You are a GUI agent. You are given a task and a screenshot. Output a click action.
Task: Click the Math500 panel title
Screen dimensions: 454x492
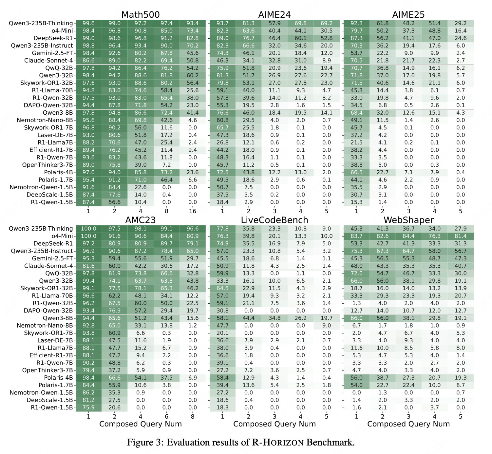[x=141, y=15]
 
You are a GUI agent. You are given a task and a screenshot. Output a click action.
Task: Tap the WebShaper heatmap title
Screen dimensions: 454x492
[x=408, y=220]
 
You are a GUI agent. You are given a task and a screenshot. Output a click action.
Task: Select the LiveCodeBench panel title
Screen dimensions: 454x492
[x=274, y=220]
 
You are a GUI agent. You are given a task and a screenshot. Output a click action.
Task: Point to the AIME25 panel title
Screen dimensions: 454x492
[x=408, y=15]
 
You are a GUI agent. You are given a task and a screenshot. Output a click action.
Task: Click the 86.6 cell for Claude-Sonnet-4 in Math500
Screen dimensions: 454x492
[x=88, y=61]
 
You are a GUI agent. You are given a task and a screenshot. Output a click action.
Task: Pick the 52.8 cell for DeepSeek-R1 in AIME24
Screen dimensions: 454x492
[x=327, y=38]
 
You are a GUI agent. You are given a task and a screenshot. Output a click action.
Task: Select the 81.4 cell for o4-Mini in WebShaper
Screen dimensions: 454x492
[x=461, y=236]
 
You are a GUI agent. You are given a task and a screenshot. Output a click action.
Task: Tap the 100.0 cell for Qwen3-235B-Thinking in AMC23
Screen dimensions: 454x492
[x=88, y=229]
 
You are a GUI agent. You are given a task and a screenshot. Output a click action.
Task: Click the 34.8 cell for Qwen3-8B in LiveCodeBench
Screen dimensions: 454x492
[x=274, y=318]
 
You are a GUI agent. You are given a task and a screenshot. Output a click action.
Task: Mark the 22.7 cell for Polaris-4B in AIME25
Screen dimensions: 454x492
[x=382, y=172]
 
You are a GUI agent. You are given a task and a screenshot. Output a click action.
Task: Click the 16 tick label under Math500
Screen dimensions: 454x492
[x=193, y=211]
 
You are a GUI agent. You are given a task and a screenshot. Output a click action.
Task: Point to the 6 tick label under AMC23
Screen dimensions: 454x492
[x=166, y=417]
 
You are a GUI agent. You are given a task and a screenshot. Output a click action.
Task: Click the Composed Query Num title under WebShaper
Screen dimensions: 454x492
[x=408, y=424]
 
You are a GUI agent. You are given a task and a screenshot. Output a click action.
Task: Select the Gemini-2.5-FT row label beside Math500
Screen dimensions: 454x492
[x=52, y=53]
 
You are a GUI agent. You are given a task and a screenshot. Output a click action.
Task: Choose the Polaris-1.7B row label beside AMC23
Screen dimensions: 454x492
[x=56, y=385]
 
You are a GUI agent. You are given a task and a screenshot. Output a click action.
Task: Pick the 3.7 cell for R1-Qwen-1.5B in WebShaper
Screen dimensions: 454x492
[x=434, y=408]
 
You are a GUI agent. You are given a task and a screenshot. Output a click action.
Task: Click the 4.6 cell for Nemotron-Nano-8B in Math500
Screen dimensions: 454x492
[x=193, y=120]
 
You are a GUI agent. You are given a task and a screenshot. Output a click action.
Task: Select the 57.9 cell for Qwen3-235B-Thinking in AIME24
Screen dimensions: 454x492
[x=274, y=23]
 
